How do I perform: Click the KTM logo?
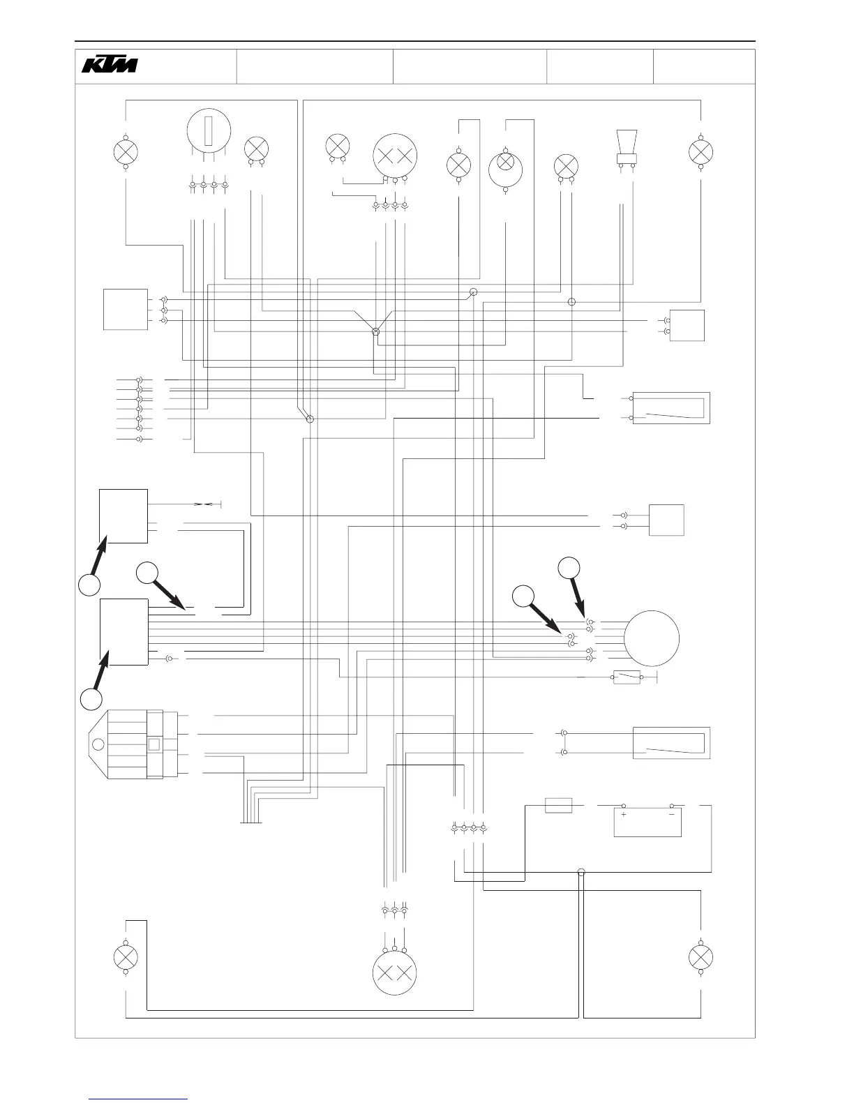point(110,65)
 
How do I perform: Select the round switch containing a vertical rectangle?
point(209,130)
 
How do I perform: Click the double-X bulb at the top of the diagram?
point(395,156)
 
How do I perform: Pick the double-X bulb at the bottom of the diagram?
point(395,975)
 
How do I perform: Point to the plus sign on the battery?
point(623,814)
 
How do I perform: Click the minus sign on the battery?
point(672,814)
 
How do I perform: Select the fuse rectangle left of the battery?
point(558,806)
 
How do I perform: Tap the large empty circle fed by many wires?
point(651,638)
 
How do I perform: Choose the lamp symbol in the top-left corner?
point(126,152)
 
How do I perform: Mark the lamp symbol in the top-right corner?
point(701,152)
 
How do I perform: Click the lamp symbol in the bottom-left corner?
point(126,956)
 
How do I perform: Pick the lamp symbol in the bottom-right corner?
point(701,956)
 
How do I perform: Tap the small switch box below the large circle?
point(627,677)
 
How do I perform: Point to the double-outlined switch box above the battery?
point(671,743)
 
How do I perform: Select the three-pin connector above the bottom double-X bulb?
point(395,912)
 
